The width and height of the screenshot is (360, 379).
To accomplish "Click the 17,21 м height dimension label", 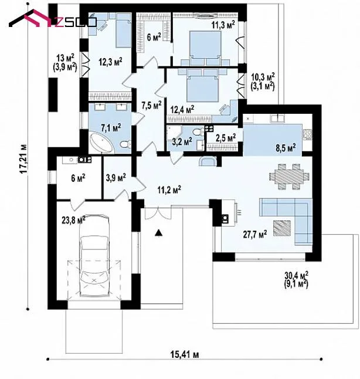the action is [x=23, y=159].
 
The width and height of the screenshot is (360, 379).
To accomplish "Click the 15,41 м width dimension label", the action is [x=185, y=354].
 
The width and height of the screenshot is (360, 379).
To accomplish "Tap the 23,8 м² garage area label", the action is [x=73, y=219].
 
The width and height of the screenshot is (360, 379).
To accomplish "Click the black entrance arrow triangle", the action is [x=158, y=232].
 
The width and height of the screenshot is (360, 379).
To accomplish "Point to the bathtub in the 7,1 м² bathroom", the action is [x=101, y=144].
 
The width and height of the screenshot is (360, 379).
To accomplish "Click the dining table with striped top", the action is [x=289, y=177].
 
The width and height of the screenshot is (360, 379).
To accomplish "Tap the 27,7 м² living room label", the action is [x=255, y=234].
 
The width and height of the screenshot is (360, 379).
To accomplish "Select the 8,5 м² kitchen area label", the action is [x=286, y=147].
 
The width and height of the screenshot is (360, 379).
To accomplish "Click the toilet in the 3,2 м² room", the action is [x=198, y=132].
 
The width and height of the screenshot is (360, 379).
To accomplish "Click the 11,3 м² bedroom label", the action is [x=223, y=25].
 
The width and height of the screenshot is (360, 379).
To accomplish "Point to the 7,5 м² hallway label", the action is [x=151, y=105].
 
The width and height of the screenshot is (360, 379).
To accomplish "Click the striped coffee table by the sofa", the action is [x=282, y=228].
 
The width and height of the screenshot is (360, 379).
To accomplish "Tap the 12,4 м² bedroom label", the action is [x=182, y=109].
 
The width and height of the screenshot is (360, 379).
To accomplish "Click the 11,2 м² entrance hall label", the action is [x=169, y=189].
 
